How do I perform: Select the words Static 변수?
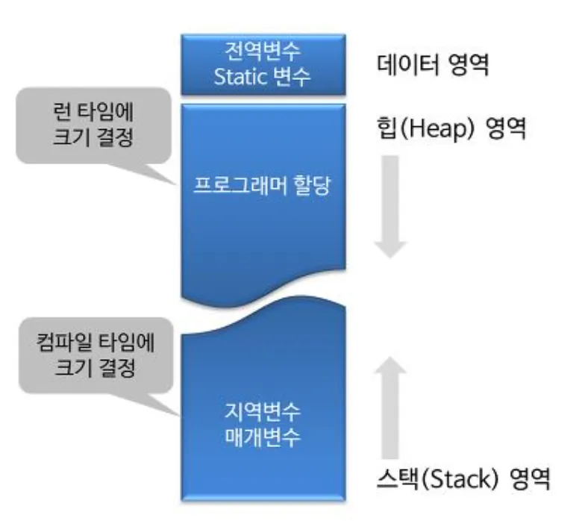tap(261, 77)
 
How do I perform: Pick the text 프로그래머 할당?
tap(261, 187)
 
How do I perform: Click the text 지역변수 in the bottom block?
tap(261, 411)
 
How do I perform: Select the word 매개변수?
tap(261, 437)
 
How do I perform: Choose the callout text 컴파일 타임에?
tap(95, 343)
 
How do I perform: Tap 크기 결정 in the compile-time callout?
tap(95, 368)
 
